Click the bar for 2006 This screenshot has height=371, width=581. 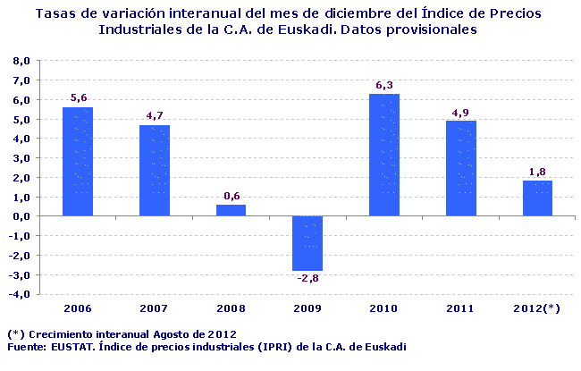[x=78, y=161]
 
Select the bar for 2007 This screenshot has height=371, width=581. [x=155, y=170]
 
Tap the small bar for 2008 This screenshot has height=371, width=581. [x=231, y=210]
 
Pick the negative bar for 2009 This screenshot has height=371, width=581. [x=307, y=243]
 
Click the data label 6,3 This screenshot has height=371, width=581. [x=384, y=85]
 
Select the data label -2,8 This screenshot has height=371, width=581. [x=307, y=279]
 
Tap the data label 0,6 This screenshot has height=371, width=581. [x=231, y=196]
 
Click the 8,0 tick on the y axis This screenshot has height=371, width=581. [x=21, y=61]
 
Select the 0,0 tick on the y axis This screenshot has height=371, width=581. [x=21, y=216]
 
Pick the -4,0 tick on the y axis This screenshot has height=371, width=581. [x=19, y=294]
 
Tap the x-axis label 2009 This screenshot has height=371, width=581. [x=307, y=308]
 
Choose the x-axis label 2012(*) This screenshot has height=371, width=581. [x=537, y=308]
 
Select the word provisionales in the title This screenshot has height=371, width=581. [x=424, y=30]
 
